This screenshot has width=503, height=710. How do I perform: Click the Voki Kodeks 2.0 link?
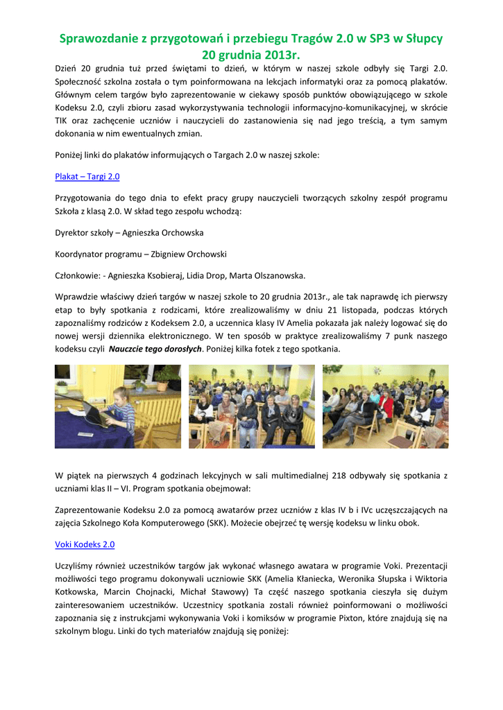pos(85,544)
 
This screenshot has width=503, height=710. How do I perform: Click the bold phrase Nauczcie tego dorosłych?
pos(156,349)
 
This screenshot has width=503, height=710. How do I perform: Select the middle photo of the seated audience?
pos(250,406)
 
